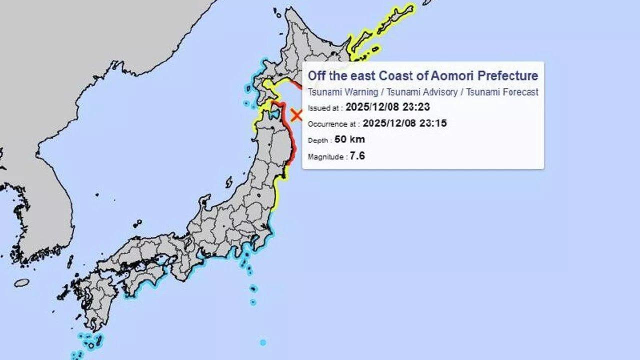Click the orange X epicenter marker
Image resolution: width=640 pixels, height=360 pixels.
pyautogui.click(x=296, y=115)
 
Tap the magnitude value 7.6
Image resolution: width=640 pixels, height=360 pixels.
pyautogui.click(x=357, y=156)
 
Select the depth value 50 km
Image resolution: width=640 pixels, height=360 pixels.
pyautogui.click(x=349, y=139)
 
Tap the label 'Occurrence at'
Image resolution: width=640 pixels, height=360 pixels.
pyautogui.click(x=332, y=124)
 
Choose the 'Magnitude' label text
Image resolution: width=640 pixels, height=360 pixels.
pyautogui.click(x=326, y=157)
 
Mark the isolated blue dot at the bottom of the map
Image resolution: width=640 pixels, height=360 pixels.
pyautogui.click(x=263, y=342)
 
